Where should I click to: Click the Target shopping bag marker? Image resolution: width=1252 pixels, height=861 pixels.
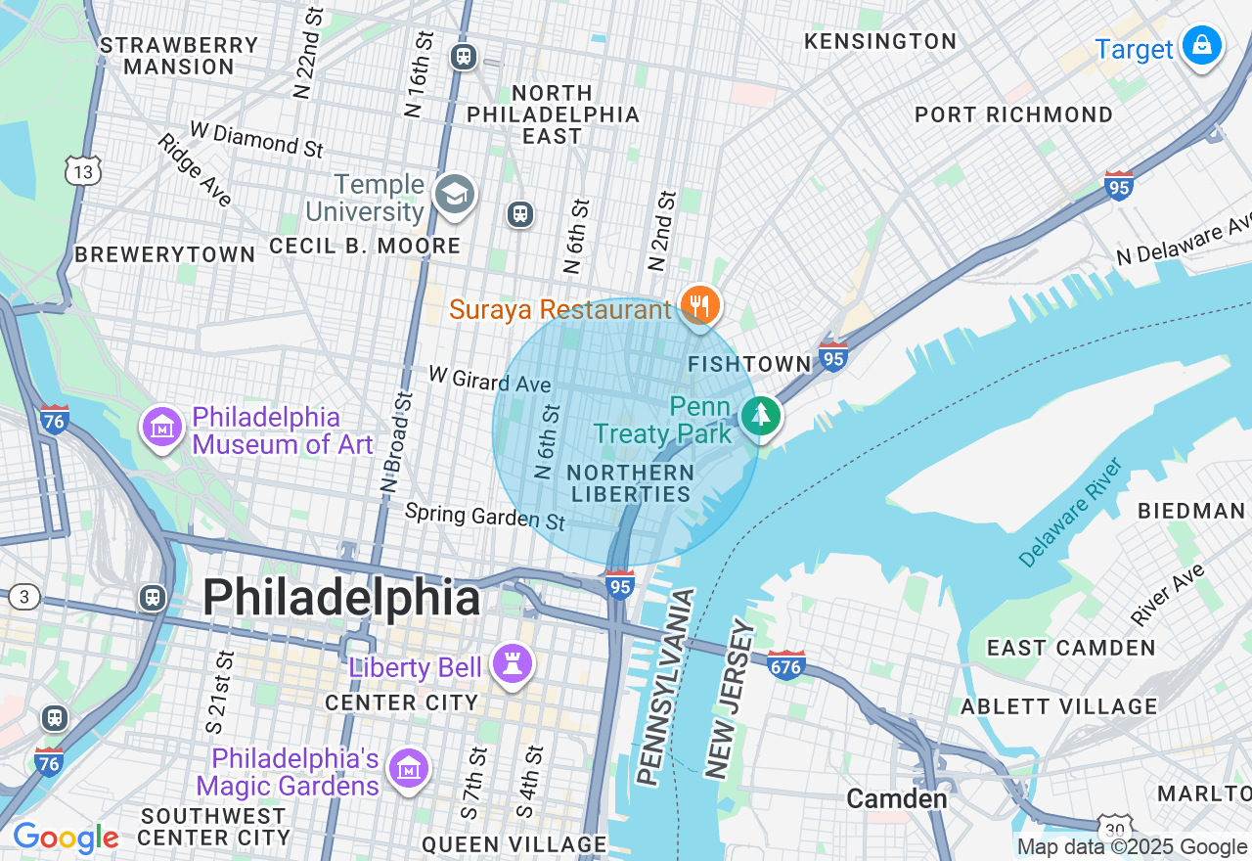[x=1200, y=46]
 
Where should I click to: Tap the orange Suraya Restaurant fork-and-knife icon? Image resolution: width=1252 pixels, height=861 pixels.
[x=699, y=305]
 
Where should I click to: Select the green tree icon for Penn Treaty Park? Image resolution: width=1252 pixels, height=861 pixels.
[x=760, y=416]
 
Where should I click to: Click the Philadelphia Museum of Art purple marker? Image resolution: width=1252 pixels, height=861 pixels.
[x=162, y=428]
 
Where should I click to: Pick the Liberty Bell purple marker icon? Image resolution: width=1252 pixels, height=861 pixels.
[x=512, y=663]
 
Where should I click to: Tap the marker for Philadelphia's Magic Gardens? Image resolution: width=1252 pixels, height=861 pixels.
[x=409, y=770]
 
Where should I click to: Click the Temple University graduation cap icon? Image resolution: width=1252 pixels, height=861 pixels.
[x=455, y=195]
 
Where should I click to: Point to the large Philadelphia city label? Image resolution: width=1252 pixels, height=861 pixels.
[x=341, y=598]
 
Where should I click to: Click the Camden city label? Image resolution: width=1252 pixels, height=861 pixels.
[x=896, y=798]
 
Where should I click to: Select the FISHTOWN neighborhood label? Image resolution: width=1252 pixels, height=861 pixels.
[x=749, y=364]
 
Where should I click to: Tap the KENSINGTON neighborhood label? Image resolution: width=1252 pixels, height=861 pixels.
[x=879, y=41]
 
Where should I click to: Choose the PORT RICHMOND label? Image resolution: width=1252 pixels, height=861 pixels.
[x=1013, y=114]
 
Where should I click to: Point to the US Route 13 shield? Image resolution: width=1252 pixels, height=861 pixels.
[x=83, y=170]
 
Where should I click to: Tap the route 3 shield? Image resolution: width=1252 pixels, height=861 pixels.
[x=24, y=597]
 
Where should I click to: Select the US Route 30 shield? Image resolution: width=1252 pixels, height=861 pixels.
[x=1114, y=827]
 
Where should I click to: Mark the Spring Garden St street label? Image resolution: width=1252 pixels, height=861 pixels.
[x=485, y=516]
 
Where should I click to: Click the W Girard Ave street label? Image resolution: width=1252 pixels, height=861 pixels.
[x=489, y=381]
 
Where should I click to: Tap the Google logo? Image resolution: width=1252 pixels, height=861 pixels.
[x=66, y=838]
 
